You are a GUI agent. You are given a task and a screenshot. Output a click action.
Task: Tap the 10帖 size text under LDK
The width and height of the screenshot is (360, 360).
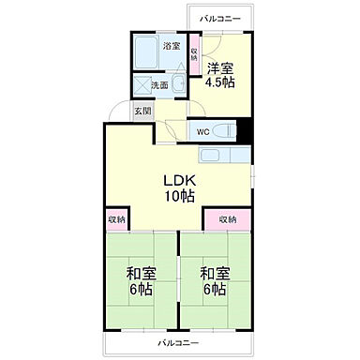(180, 196)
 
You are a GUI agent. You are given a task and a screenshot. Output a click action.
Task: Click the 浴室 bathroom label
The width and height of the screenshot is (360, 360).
(171, 45)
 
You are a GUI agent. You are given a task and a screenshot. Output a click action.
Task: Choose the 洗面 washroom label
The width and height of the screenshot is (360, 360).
(159, 85)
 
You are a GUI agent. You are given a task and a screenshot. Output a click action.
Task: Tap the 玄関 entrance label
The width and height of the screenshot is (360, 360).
(142, 111)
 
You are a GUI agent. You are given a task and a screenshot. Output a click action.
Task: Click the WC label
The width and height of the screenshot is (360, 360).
(202, 131)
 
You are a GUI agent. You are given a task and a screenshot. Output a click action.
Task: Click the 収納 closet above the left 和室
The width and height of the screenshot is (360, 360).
(116, 219)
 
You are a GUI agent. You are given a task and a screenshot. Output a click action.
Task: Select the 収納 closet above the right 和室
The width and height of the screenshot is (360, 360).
(228, 219)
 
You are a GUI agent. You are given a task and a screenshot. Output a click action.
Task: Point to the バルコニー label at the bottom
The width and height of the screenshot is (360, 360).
(177, 343)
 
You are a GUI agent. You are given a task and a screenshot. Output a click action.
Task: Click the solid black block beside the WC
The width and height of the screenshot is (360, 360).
(245, 130)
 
